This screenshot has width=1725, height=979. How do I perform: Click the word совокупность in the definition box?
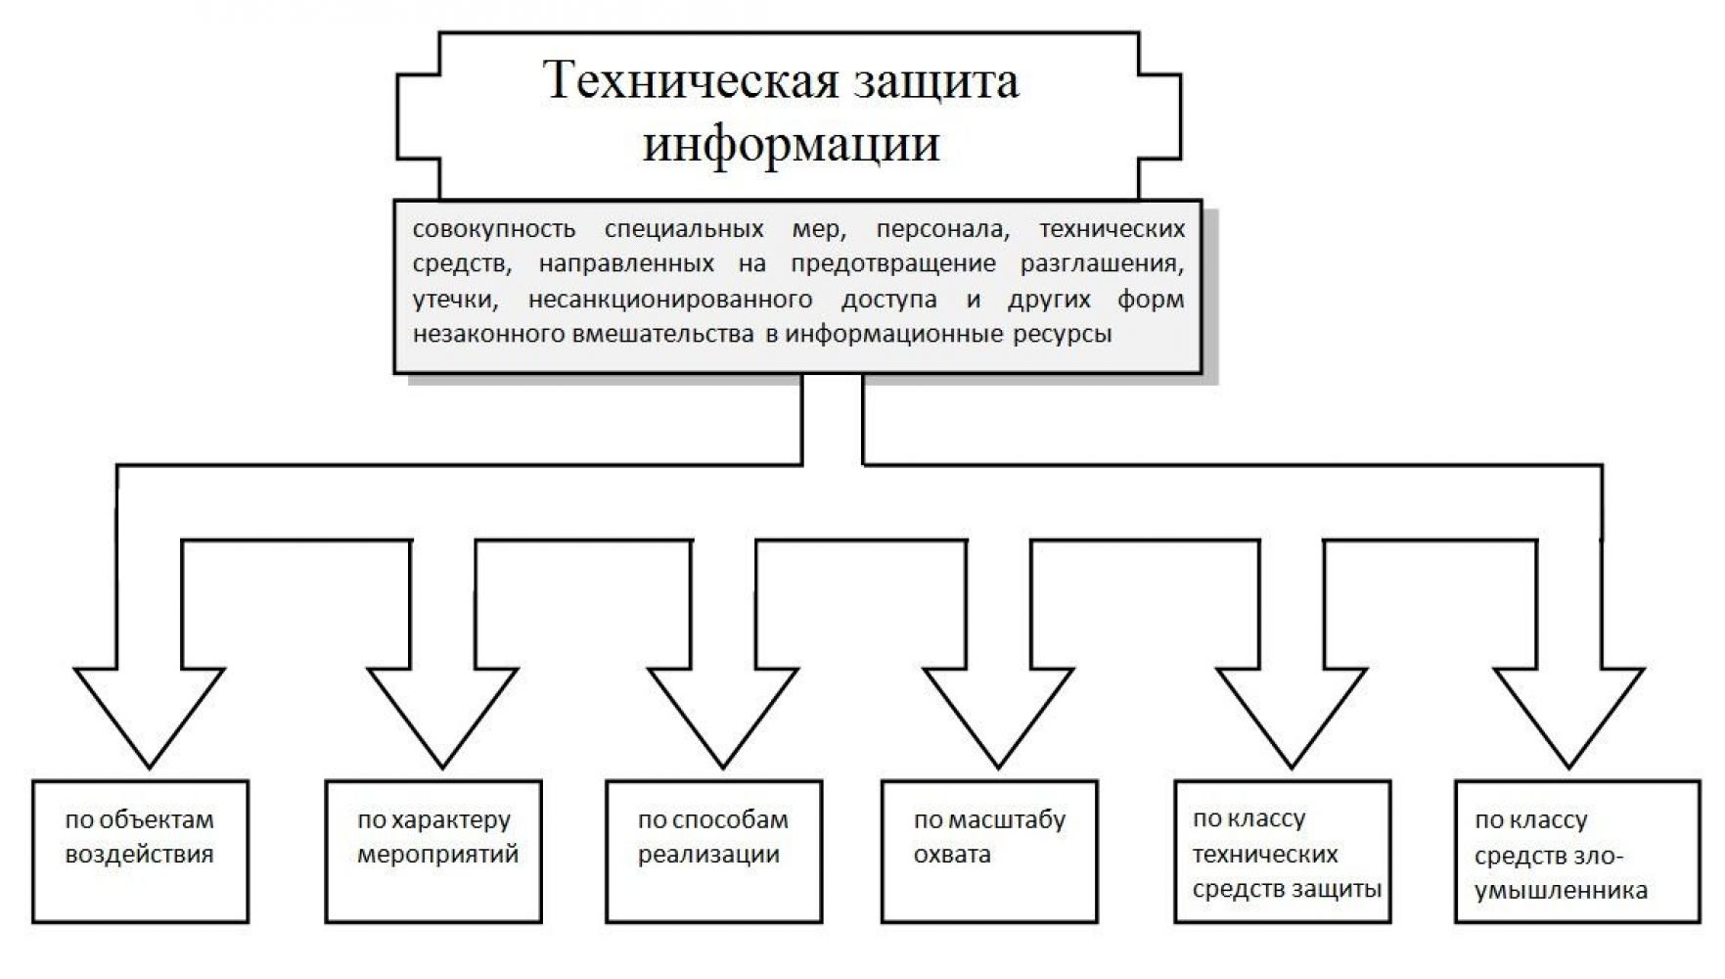tap(493, 229)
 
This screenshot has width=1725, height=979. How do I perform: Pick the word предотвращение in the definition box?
tap(892, 263)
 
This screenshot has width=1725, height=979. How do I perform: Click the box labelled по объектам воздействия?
tap(140, 851)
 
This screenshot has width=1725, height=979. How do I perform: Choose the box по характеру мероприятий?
tap(433, 851)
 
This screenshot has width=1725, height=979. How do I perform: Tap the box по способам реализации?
tap(713, 851)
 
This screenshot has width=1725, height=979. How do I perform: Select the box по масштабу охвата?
tap(989, 851)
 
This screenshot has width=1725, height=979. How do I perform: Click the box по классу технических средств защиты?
tap(1283, 851)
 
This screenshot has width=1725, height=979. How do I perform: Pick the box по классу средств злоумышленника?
tap(1576, 851)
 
